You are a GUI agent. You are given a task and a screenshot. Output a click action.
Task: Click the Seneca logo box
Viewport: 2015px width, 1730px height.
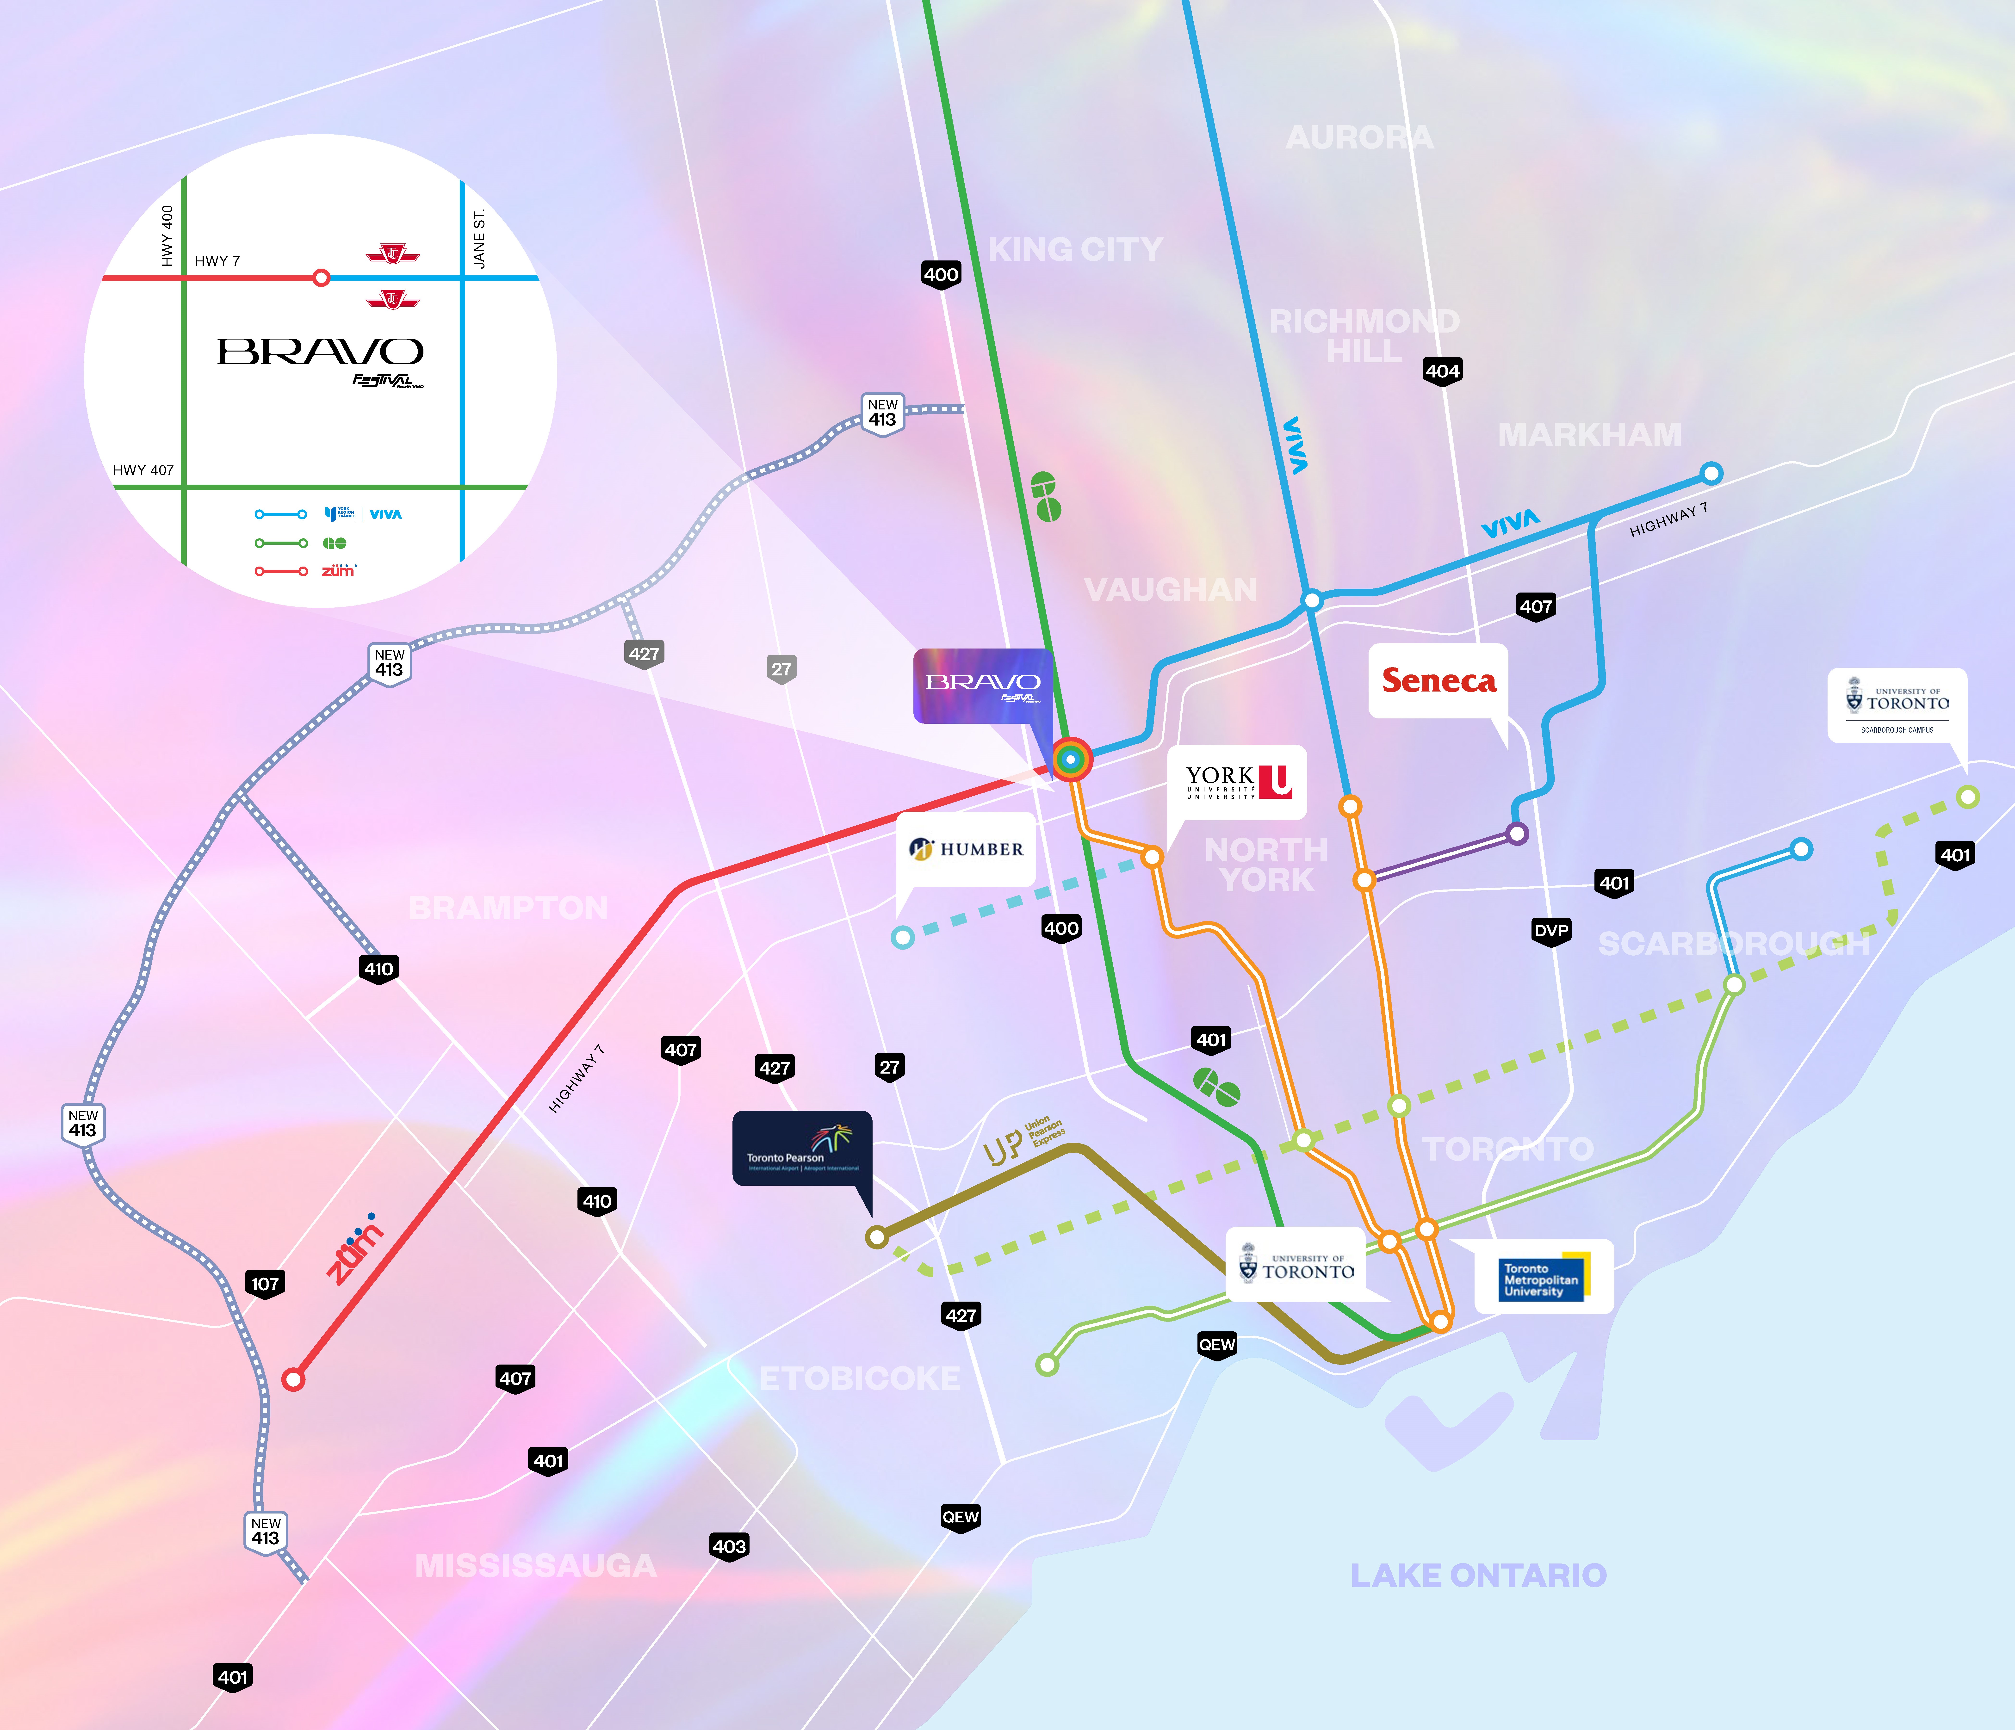(x=1438, y=681)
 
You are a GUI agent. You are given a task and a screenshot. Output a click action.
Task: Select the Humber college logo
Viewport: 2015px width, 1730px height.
(x=966, y=849)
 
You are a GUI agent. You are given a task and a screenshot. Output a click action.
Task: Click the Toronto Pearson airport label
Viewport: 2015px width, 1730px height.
(x=801, y=1149)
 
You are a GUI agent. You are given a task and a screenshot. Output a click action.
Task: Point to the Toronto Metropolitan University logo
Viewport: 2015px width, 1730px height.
(x=1543, y=1278)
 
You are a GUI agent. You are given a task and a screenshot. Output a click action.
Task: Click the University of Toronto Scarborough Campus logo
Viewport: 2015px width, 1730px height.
(x=1896, y=705)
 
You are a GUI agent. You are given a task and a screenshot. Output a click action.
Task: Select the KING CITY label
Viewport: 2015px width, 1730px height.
(x=1075, y=250)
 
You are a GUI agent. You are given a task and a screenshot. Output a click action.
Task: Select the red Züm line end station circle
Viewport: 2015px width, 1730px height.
(x=293, y=1379)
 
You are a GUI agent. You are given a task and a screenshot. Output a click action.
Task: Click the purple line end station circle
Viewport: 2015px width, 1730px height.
(x=1516, y=832)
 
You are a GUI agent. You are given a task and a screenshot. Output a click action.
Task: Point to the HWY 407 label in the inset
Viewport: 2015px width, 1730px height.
(x=143, y=470)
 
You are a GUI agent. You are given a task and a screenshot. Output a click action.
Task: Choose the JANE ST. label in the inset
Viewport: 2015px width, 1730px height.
(x=478, y=238)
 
